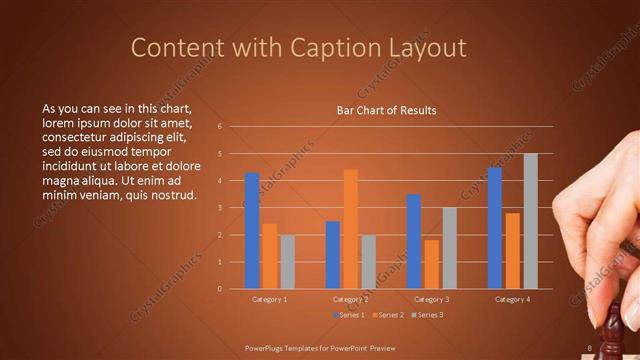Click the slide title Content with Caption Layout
(299, 47)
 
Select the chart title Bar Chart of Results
(386, 110)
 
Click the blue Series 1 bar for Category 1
(252, 231)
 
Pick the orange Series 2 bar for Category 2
(350, 229)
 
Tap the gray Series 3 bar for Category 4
(530, 221)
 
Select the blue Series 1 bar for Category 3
(413, 241)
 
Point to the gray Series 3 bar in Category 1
(288, 262)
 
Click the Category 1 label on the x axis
(269, 299)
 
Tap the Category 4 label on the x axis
(512, 299)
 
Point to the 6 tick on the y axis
(233, 127)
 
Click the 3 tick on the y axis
(233, 208)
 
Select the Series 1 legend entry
(347, 315)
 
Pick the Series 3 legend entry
(426, 315)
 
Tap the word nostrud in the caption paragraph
(168, 194)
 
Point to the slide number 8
(590, 348)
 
